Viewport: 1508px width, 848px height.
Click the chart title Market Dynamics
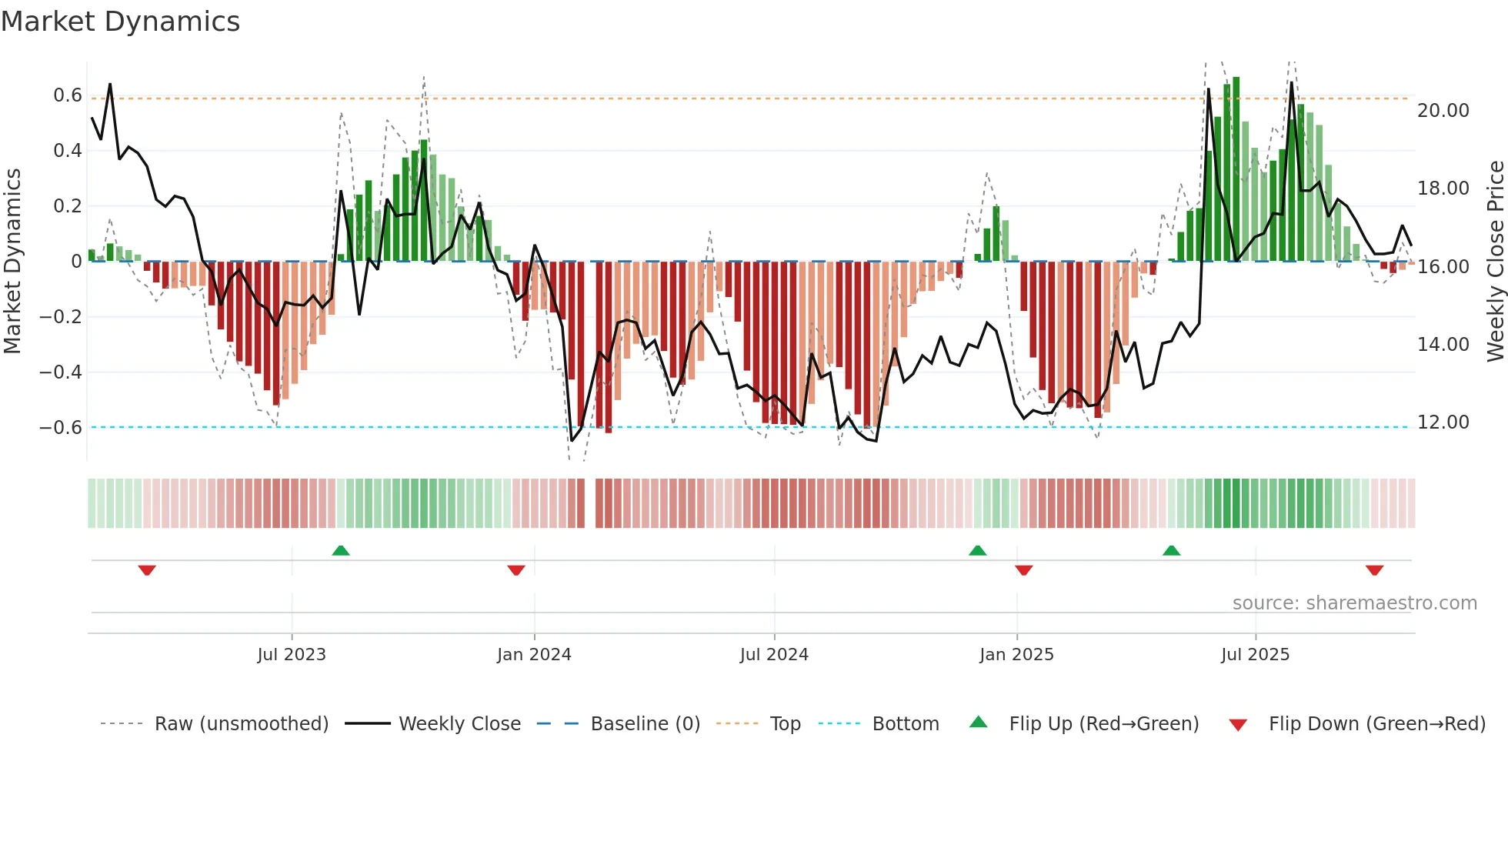121,22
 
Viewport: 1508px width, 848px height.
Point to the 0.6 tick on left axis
68,95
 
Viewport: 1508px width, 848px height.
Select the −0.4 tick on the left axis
61,372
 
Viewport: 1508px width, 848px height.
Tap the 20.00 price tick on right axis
1443,111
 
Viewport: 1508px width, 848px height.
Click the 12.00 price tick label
1443,422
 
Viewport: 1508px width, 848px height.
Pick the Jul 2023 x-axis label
292,655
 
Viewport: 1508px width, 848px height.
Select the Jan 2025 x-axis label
1016,655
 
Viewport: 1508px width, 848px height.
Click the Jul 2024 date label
774,655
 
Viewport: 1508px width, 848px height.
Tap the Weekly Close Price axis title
1495,262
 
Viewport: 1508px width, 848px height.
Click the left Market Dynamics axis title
12,262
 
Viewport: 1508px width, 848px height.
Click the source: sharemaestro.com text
1354,603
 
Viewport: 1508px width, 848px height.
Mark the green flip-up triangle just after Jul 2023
341,550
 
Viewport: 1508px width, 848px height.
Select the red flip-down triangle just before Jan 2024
516,570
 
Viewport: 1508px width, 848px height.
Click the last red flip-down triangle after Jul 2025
1375,570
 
